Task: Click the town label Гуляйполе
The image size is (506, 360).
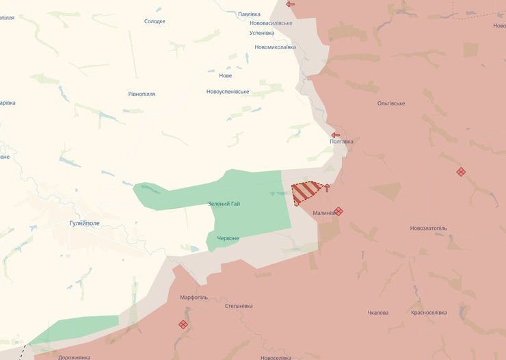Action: (85, 223)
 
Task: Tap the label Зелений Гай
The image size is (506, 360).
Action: (224, 204)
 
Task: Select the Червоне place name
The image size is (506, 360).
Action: (228, 238)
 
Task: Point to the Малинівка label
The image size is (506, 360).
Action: (324, 213)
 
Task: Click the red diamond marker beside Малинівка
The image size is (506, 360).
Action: (338, 211)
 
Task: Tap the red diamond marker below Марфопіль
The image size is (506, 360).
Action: (183, 324)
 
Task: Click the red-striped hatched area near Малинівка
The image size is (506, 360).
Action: (305, 193)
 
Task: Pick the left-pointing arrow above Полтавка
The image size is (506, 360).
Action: (336, 135)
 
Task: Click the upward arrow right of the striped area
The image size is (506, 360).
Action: (326, 188)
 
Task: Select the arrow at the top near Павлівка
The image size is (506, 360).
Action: (291, 4)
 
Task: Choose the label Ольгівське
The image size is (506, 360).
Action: (391, 103)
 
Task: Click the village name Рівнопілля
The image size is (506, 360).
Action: (142, 94)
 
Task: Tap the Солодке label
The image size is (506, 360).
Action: (155, 21)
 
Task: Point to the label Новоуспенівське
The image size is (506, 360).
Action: (228, 92)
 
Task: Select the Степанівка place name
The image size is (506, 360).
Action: (239, 306)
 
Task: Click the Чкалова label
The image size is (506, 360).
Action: (378, 313)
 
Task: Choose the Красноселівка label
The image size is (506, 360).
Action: (429, 313)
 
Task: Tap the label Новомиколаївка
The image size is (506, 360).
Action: (275, 47)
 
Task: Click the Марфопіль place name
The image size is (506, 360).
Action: (194, 298)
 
